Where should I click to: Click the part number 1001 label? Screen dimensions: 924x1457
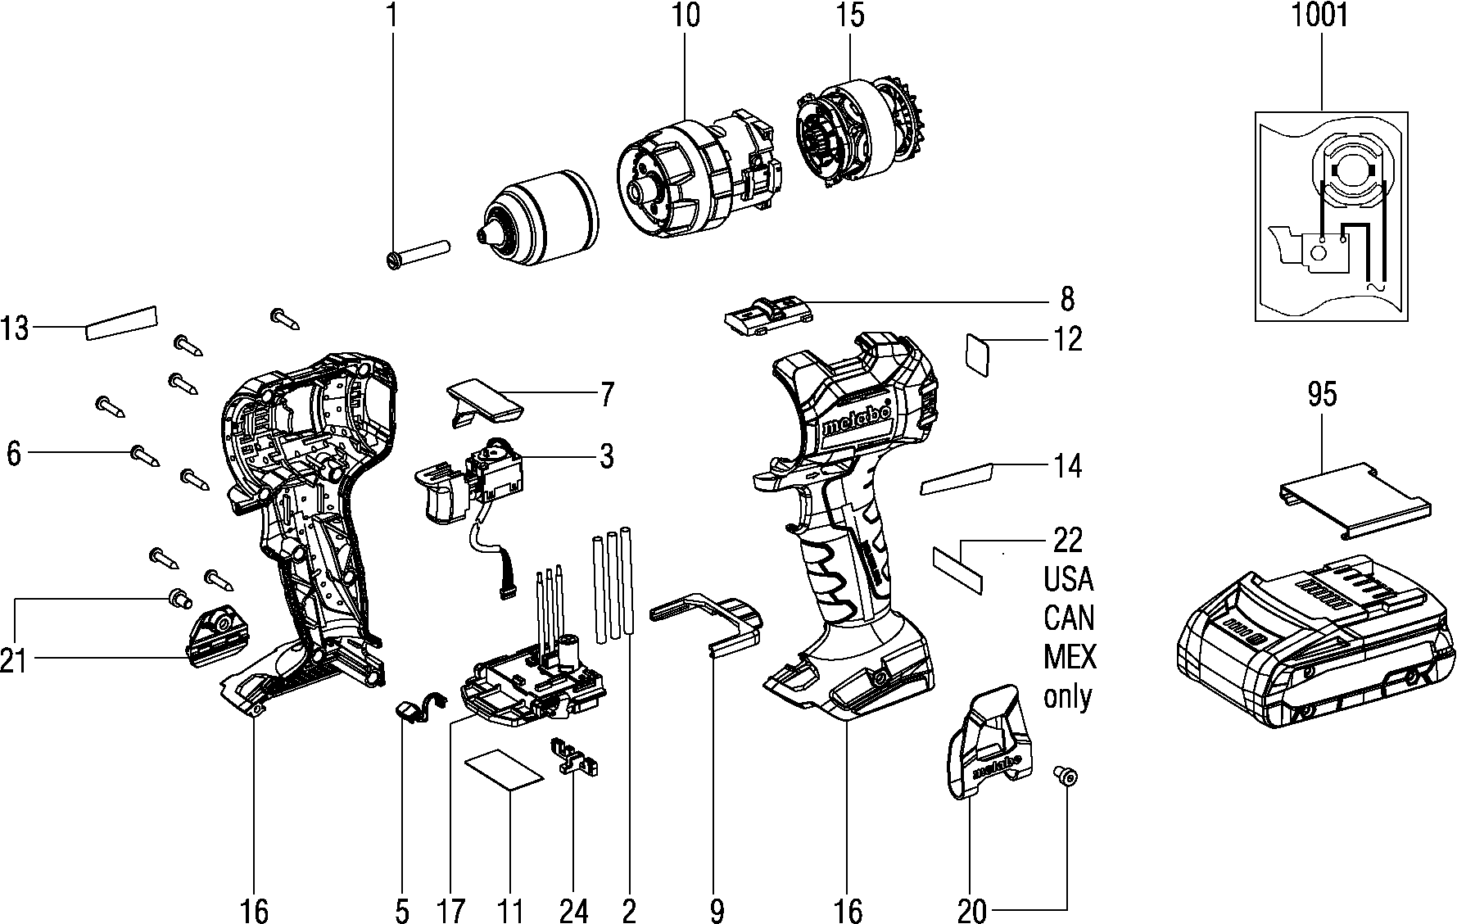pos(1319,16)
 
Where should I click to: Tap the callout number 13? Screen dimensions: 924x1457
pos(15,329)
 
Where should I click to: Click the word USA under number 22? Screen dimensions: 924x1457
pos(1069,579)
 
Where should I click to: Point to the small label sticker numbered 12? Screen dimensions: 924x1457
pos(978,354)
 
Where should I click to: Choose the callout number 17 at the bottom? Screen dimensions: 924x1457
pos(451,909)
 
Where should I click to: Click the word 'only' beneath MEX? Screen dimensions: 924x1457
pos(1068,696)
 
